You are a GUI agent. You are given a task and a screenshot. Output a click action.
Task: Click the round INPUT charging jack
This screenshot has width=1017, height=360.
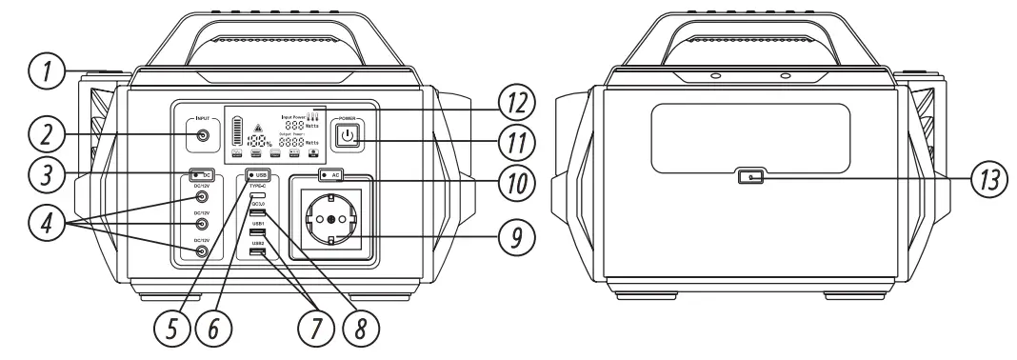(x=202, y=136)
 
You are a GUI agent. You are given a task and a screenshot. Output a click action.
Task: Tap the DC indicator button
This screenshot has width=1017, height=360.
(x=200, y=175)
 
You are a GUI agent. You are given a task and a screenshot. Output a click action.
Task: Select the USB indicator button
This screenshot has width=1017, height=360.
(x=256, y=175)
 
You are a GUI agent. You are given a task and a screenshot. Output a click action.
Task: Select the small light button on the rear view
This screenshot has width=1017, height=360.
(x=751, y=177)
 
